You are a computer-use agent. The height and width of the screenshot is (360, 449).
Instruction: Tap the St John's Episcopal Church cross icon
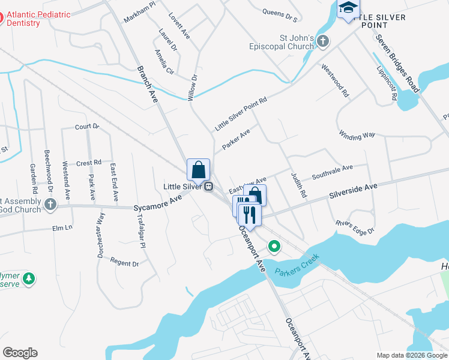(x=323, y=41)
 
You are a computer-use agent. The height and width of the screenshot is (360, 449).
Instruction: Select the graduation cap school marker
(x=348, y=8)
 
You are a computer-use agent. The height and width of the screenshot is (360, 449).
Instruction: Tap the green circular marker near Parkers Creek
(x=274, y=245)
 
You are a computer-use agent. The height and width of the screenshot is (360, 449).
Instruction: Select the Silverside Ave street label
(x=353, y=192)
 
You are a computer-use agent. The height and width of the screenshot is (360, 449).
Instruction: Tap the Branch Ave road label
(x=146, y=84)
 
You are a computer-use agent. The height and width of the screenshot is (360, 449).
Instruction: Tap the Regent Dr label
(x=125, y=262)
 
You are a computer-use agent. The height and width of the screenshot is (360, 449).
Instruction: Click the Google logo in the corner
(x=20, y=353)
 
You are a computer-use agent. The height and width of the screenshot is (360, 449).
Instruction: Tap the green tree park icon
(x=28, y=278)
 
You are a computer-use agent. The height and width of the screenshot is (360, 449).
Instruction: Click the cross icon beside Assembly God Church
(x=50, y=205)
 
